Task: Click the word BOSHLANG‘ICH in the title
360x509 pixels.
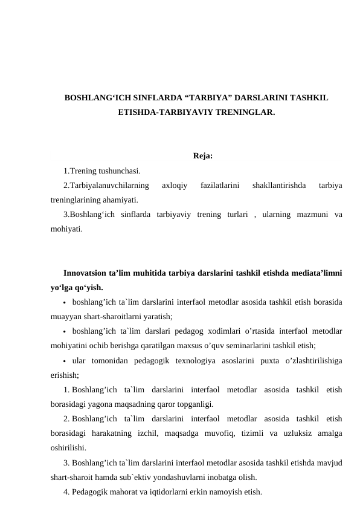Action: (x=95, y=97)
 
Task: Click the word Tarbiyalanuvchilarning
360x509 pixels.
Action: (x=106, y=185)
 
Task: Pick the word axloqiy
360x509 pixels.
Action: (x=175, y=185)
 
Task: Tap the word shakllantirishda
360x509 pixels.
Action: (x=279, y=185)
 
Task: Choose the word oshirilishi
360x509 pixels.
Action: (x=68, y=448)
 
